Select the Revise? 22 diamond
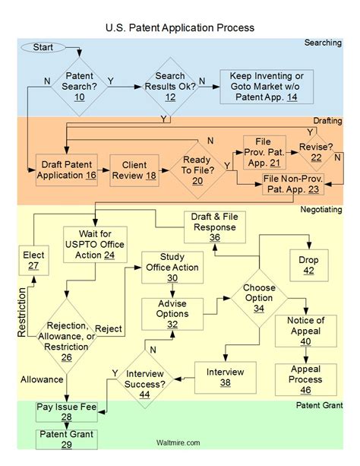click(x=316, y=152)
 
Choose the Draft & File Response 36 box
click(x=213, y=226)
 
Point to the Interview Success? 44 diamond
click(x=149, y=378)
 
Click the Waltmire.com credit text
click(x=180, y=442)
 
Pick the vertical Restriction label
click(x=21, y=311)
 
